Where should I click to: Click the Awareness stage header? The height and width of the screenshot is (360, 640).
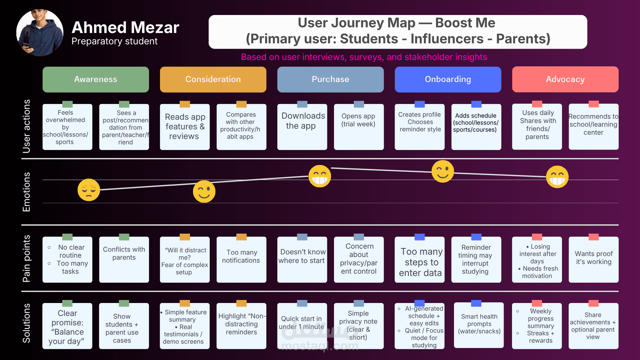tap(96, 79)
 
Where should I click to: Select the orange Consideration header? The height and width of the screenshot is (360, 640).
tap(213, 79)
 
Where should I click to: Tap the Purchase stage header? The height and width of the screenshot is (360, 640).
tap(330, 79)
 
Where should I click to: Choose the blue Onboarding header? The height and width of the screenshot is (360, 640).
tap(448, 79)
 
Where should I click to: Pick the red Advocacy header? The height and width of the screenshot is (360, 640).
tap(565, 79)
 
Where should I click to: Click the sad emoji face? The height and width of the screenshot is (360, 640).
tap(89, 190)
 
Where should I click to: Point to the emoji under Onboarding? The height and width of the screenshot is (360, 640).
tap(443, 171)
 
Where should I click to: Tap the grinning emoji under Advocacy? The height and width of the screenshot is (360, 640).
tap(557, 177)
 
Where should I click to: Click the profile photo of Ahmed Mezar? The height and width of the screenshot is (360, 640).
tap(40, 33)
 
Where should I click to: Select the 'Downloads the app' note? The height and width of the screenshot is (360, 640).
tap(302, 127)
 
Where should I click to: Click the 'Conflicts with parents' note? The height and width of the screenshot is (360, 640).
tap(124, 259)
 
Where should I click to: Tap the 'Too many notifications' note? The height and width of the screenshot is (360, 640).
tap(241, 259)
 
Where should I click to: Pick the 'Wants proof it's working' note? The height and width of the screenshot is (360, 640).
tap(593, 259)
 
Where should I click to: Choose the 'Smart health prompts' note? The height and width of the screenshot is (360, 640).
tap(479, 325)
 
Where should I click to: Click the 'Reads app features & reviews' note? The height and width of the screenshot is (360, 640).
tap(185, 127)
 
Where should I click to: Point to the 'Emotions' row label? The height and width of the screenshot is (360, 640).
tap(26, 192)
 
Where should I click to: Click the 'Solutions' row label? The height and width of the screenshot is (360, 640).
tap(26, 323)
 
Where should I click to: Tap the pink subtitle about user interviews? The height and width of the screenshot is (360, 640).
tap(364, 57)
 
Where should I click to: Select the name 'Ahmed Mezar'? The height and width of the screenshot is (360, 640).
tap(125, 28)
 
